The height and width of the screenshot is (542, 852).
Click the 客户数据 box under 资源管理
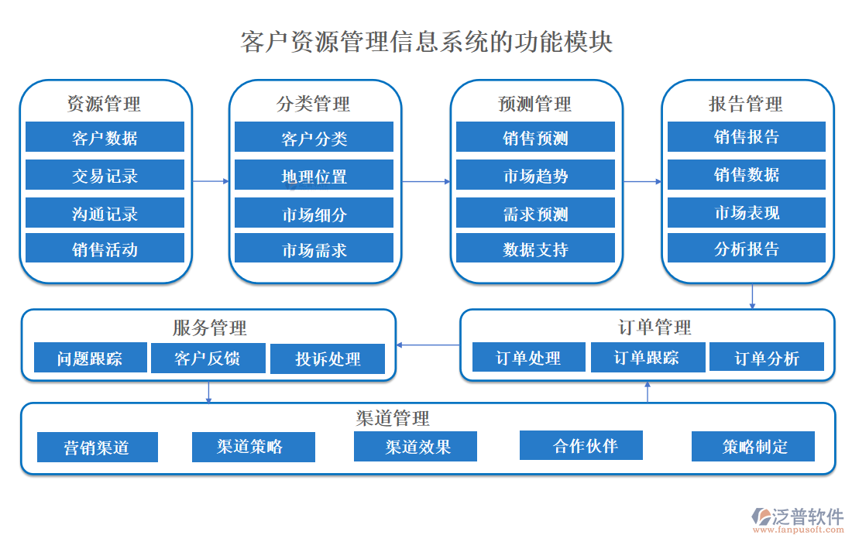(105, 137)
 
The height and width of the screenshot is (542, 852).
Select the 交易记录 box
(105, 175)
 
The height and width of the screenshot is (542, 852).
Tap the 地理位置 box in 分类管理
(314, 176)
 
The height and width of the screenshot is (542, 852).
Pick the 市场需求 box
(314, 249)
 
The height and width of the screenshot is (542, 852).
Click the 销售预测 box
(535, 137)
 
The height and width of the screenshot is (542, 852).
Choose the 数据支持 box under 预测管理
(535, 249)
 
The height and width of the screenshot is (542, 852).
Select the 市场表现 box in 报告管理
(746, 212)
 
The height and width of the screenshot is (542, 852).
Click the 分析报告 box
(746, 248)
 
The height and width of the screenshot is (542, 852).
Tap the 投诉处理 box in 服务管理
(328, 359)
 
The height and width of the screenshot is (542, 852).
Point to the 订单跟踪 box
(648, 357)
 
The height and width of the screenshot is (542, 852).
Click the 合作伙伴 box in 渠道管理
(581, 445)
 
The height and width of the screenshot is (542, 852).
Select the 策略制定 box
(753, 447)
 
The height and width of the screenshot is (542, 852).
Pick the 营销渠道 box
(98, 447)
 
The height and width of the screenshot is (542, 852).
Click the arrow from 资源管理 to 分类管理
(210, 181)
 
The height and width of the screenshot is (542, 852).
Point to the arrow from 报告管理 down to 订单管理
(752, 297)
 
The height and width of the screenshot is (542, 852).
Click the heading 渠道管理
(393, 418)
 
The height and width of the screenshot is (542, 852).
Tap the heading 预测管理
(535, 104)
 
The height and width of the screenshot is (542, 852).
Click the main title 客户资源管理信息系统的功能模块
(427, 41)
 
